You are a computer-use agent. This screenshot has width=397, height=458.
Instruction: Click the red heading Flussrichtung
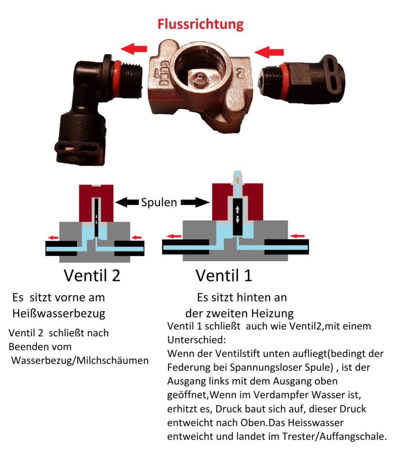tap(200, 24)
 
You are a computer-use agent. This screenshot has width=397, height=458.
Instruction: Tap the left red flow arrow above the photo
tap(134, 48)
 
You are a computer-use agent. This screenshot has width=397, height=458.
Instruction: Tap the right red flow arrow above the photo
tap(269, 52)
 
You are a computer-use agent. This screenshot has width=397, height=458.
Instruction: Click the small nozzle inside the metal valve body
tap(199, 77)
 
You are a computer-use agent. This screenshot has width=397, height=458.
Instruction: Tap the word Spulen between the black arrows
tap(159, 202)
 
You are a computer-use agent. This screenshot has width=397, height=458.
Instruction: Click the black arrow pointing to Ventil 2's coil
tap(127, 202)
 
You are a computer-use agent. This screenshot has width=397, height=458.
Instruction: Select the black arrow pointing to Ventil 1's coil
tap(195, 202)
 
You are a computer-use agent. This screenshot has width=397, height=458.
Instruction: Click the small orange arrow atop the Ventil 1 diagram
tap(237, 180)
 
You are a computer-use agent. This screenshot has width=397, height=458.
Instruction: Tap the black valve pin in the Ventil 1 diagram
tap(237, 217)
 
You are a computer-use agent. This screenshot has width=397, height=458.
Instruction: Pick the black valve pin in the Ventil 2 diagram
tap(96, 218)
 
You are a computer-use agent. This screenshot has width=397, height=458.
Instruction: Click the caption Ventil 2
tap(92, 275)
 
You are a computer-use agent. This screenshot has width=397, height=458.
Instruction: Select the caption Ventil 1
tap(224, 275)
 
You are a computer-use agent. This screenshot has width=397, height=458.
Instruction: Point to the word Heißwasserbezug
tap(59, 314)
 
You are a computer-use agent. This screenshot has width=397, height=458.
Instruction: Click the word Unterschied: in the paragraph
tap(197, 340)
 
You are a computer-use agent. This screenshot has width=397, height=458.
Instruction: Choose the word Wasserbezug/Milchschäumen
tap(80, 360)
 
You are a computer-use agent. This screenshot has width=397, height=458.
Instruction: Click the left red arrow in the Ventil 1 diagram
tap(174, 236)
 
